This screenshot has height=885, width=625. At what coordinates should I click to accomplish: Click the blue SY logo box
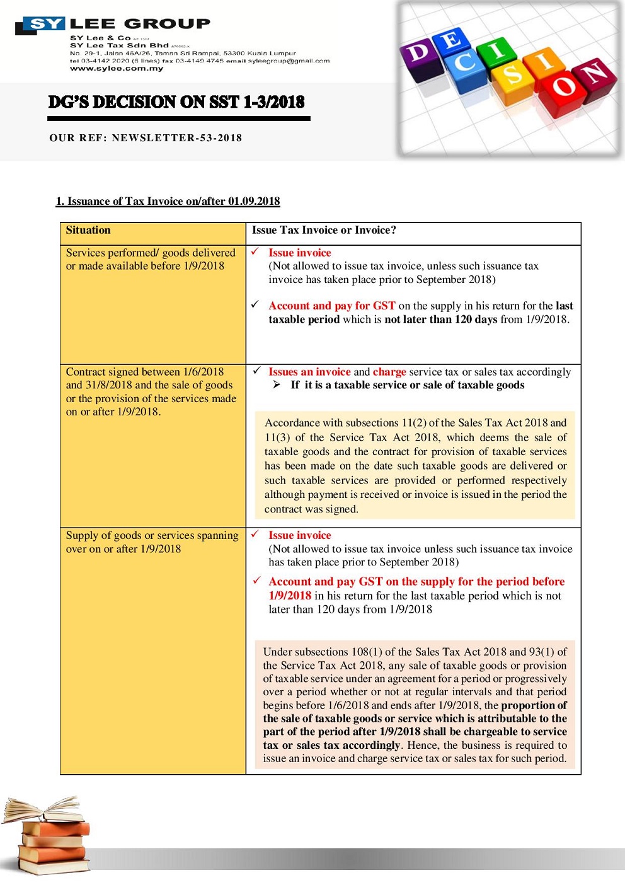coord(45,25)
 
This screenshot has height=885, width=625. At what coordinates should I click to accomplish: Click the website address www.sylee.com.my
coord(117,69)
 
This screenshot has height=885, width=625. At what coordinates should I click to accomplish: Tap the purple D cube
coord(420,55)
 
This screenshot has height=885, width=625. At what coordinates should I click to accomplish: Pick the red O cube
coord(565,88)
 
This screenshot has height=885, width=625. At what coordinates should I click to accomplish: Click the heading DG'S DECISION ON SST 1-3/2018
coord(176,102)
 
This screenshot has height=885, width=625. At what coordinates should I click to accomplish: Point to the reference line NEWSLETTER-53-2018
coord(146,138)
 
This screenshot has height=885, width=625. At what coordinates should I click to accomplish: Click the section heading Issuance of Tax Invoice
coord(168,201)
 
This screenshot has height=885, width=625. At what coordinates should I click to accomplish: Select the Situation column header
coord(88,231)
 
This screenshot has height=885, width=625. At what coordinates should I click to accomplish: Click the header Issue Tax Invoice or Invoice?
coord(324,231)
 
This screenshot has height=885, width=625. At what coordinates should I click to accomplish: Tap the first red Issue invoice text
coord(299,253)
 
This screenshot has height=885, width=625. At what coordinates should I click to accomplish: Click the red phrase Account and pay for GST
coord(332,306)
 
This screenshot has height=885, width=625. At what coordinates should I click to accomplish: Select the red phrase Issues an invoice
coord(309,372)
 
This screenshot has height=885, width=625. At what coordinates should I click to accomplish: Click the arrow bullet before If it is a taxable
coord(277,385)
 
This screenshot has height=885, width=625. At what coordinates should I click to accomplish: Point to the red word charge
coord(389,372)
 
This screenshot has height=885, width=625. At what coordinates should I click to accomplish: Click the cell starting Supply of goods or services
coord(152,542)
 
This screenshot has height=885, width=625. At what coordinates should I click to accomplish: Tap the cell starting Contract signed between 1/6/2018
coord(151,391)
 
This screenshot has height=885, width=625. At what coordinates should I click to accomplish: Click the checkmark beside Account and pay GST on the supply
coord(256,581)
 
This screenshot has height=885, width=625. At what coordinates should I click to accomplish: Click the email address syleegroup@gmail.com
coord(289,61)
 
